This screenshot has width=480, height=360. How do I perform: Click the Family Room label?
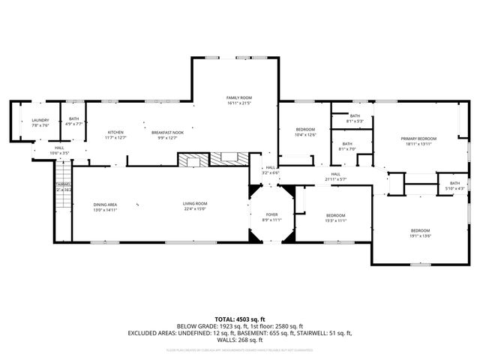tap(239, 97)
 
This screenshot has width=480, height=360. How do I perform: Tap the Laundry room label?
tap(40, 120)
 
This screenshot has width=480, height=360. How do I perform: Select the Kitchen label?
tap(115, 132)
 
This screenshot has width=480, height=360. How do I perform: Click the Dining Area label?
tap(105, 204)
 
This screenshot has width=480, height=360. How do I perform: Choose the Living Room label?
tap(194, 204)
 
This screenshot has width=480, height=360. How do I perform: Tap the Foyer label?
tap(271, 214)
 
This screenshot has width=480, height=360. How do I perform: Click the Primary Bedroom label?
tap(418, 139)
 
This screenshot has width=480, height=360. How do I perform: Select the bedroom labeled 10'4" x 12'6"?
tap(305, 130)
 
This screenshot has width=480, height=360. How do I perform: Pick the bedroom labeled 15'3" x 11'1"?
tap(335, 215)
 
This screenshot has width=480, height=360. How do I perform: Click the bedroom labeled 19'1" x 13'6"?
tap(420, 230)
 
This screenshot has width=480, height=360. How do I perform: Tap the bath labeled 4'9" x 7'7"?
tap(73, 118)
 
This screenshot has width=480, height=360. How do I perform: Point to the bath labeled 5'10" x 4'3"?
tap(454, 183)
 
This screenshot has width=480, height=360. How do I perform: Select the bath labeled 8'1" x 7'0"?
tap(346, 144)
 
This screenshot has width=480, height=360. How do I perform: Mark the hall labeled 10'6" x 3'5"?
tap(59, 148)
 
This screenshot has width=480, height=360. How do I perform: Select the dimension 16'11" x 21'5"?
tap(239, 103)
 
